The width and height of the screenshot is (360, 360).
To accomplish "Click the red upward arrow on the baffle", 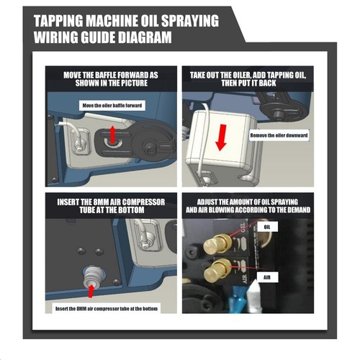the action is pyautogui.click(x=112, y=135).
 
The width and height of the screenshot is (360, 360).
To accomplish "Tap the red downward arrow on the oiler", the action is pyautogui.click(x=221, y=138).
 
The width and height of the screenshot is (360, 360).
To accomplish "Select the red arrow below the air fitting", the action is pyautogui.click(x=91, y=291).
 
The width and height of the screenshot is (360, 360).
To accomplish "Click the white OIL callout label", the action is pyautogui.click(x=267, y=227).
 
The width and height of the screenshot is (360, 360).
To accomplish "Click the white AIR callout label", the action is pyautogui.click(x=267, y=277).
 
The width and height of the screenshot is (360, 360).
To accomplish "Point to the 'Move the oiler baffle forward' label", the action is pyautogui.click(x=112, y=105).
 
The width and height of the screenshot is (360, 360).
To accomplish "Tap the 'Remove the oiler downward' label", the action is pyautogui.click(x=279, y=135).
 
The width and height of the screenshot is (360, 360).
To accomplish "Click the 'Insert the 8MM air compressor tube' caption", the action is pyautogui.click(x=107, y=309).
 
